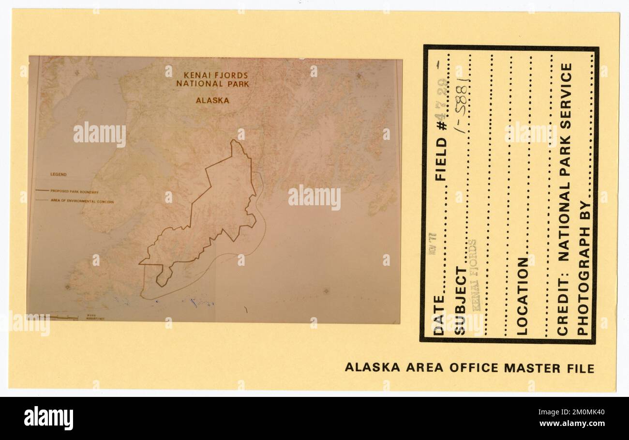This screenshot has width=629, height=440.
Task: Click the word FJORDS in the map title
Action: (231, 76)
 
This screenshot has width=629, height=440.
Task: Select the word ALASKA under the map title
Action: (212, 101)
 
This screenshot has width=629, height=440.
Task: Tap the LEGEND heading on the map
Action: (58, 174)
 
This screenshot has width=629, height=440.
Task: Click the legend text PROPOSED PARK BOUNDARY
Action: (75, 192)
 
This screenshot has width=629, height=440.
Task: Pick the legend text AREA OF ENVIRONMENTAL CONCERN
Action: (82, 201)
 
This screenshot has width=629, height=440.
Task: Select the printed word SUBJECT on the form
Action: (460, 300)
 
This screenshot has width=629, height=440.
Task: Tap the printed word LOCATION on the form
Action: (522, 296)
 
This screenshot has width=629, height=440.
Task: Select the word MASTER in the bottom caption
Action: (531, 368)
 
